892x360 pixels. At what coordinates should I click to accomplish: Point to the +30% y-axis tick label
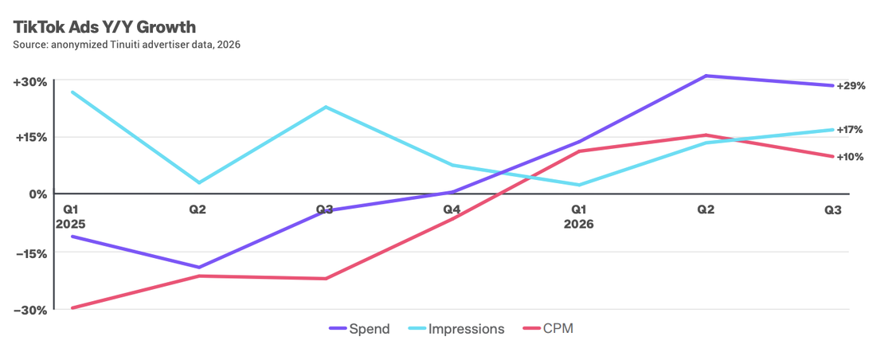point(30,82)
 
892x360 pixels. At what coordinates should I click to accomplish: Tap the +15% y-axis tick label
point(30,138)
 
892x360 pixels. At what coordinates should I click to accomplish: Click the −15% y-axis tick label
point(30,253)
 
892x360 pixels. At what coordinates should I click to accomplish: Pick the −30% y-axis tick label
point(30,311)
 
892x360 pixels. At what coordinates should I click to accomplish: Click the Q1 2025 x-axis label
point(71,217)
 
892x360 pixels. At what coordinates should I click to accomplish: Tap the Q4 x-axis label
point(452,209)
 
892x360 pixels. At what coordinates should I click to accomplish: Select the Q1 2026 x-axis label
point(578,217)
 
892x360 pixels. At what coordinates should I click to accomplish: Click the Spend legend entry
point(359,329)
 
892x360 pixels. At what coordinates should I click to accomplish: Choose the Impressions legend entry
point(456,329)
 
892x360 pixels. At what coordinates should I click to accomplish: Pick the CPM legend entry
point(548,329)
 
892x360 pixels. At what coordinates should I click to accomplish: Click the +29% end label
point(851,87)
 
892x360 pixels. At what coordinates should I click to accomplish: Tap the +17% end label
point(850,130)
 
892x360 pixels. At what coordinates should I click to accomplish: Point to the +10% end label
point(851,157)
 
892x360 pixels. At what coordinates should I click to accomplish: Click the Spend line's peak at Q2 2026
point(706,76)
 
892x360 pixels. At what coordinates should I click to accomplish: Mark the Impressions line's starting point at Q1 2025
point(72,92)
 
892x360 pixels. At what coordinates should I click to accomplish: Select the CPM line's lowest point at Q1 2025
point(72,307)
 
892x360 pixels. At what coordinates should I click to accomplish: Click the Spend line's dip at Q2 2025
point(198,268)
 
